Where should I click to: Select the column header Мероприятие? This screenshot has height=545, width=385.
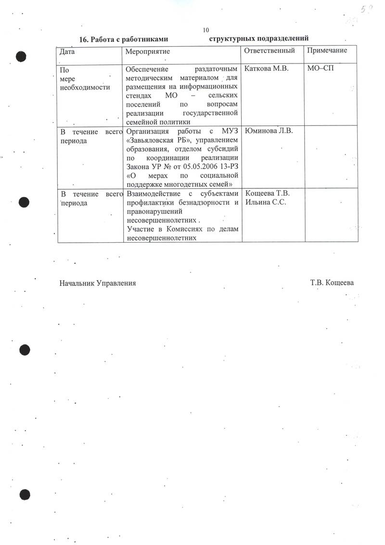147,51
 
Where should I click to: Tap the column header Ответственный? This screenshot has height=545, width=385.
269,50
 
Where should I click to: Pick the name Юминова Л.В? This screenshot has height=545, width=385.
269,131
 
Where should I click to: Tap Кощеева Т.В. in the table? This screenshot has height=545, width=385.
268,194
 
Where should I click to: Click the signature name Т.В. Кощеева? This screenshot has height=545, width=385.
332,283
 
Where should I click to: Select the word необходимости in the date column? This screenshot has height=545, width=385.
84,87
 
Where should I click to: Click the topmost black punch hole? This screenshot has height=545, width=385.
22,56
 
